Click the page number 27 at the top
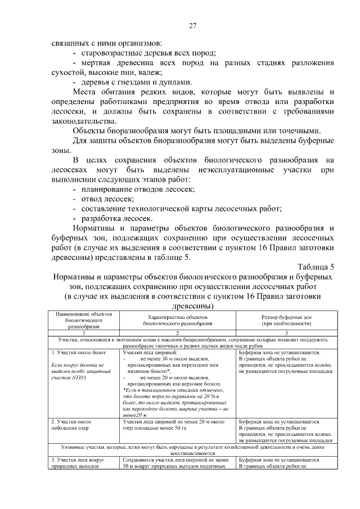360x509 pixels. (192, 26)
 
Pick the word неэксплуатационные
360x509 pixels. (234, 169)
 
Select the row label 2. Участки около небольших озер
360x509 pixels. (75, 425)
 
